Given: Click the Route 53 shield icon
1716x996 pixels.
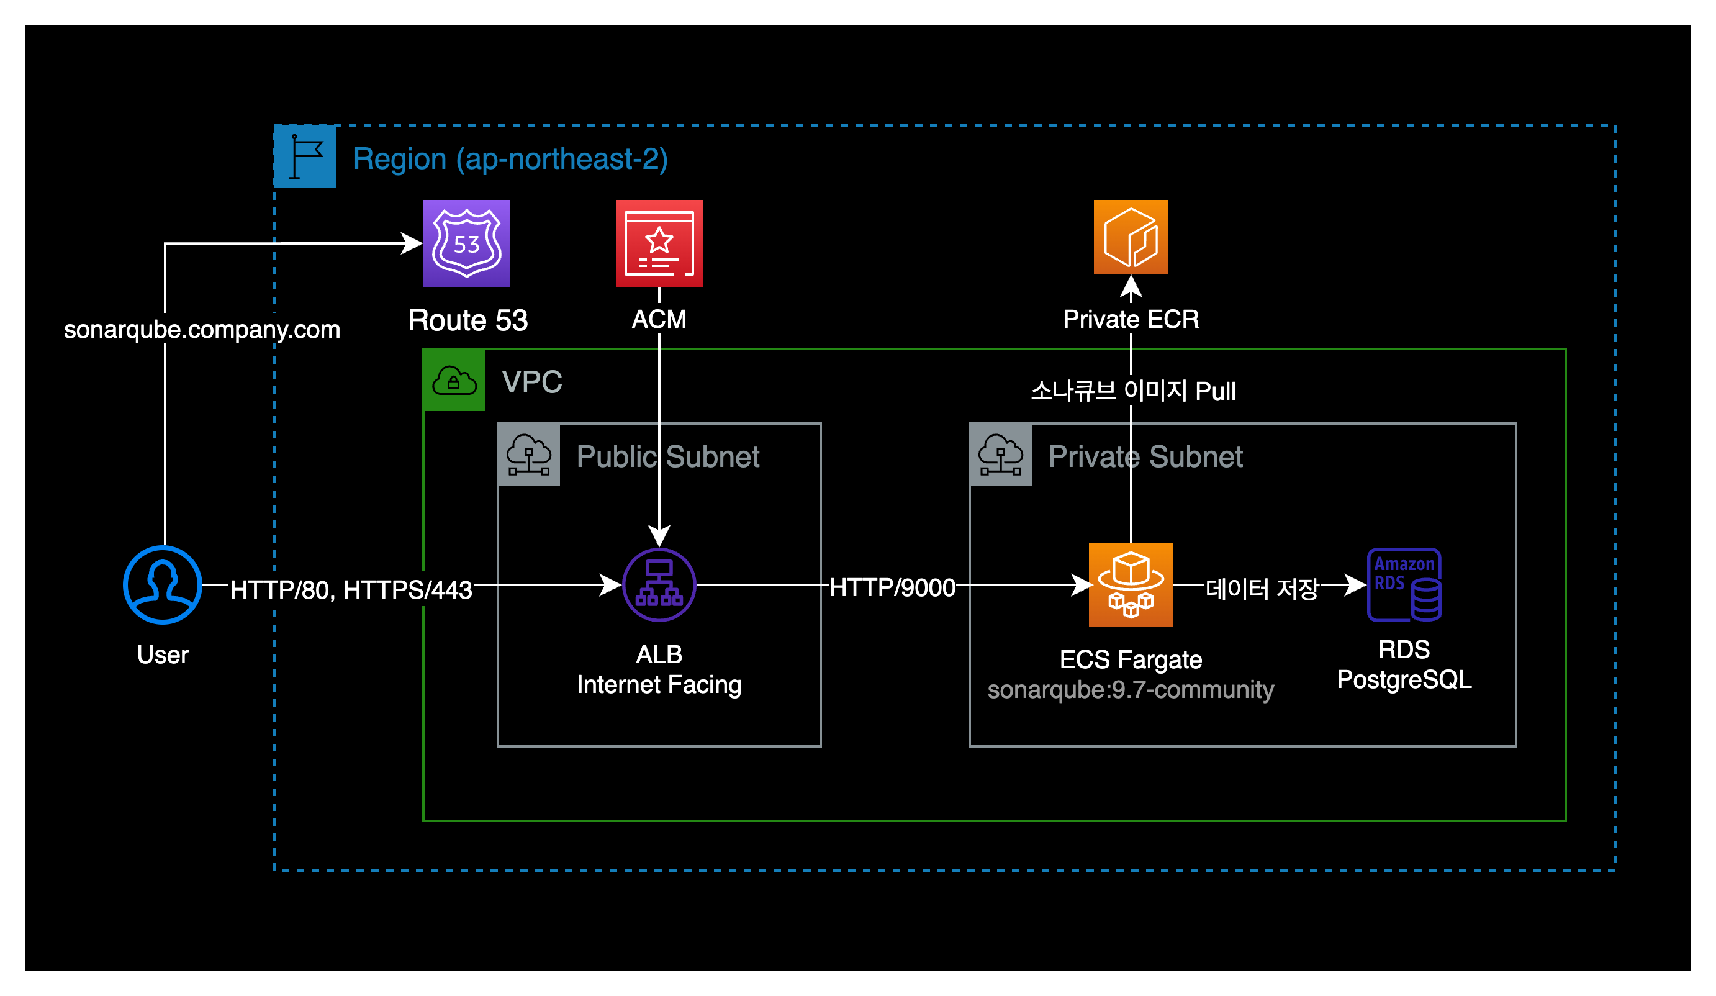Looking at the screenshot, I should pos(466,243).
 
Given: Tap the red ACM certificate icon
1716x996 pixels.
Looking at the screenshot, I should pos(659,243).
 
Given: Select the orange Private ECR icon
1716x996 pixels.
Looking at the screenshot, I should pos(1131,237).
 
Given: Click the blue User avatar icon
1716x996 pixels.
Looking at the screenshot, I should pos(162,584).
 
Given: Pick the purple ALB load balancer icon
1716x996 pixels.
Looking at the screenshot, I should pos(659,584).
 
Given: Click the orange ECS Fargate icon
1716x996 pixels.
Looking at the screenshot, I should pos(1131,584).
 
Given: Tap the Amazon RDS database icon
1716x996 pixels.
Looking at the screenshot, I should pos(1404,584).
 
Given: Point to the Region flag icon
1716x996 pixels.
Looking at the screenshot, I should pos(305,156).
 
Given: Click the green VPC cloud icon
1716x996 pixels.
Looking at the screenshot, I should pos(454,380).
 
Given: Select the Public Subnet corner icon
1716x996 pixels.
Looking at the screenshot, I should pos(529,455).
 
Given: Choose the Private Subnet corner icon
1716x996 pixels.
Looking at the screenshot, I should pos(1000,455).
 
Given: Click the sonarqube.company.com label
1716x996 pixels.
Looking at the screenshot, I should pos(202,330).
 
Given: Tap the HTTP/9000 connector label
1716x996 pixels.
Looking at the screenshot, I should pos(892,587).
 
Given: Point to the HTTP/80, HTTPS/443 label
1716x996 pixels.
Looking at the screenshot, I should pos(351,590).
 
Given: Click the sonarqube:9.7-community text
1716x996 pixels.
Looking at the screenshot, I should pos(1131,689).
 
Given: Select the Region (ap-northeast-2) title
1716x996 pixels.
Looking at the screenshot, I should pos(510,159).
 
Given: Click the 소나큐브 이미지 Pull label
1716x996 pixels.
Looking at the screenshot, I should pos(1133,391).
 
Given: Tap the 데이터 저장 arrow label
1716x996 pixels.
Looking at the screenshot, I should pos(1262,589).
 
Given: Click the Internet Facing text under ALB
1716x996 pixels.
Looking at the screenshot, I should pos(659,684).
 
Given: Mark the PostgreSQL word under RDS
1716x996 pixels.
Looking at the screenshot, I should pos(1404,679).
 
